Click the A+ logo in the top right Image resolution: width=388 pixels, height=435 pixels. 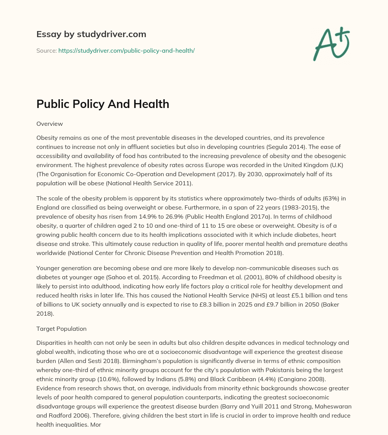point(331,44)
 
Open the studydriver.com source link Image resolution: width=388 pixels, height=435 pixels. point(126,50)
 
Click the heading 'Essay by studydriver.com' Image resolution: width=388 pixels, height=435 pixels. point(91,34)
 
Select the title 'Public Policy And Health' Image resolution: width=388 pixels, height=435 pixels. point(103,104)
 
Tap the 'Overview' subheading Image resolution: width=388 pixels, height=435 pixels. point(49,124)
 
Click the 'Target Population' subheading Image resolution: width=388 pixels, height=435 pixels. point(61,329)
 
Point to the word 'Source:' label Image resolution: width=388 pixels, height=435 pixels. point(47,50)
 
